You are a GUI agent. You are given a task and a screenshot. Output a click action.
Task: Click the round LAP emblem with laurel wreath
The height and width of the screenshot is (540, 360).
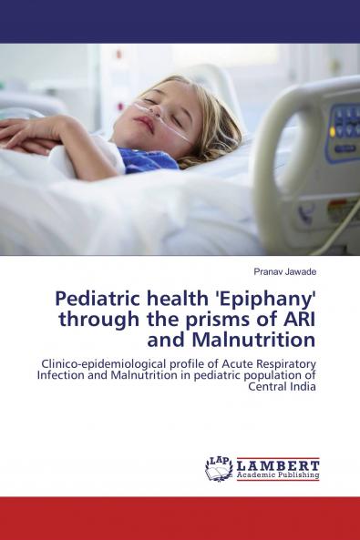pos(219,468)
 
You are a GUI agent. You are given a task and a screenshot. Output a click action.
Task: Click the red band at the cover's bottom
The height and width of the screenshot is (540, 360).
pos(180,518)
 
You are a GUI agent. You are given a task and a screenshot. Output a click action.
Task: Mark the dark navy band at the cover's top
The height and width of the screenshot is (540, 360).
pos(180,21)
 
